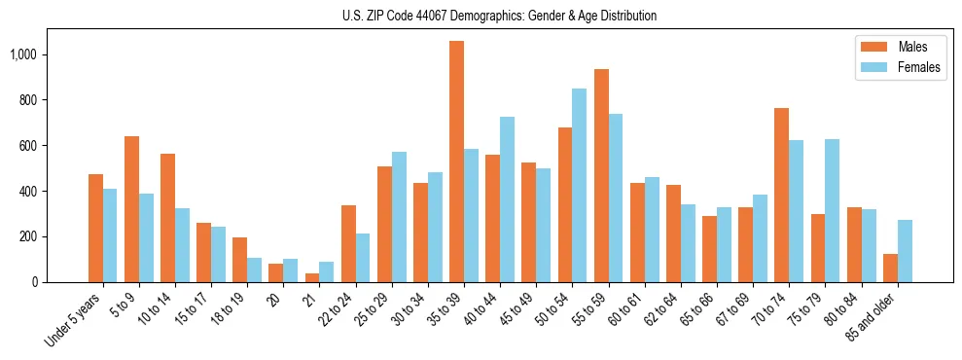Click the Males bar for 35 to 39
(456, 162)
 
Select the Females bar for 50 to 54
(579, 185)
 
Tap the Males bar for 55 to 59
(601, 175)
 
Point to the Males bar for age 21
(312, 277)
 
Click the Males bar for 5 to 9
(131, 209)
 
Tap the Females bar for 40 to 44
(507, 199)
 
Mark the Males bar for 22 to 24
(348, 243)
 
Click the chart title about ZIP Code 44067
(499, 16)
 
